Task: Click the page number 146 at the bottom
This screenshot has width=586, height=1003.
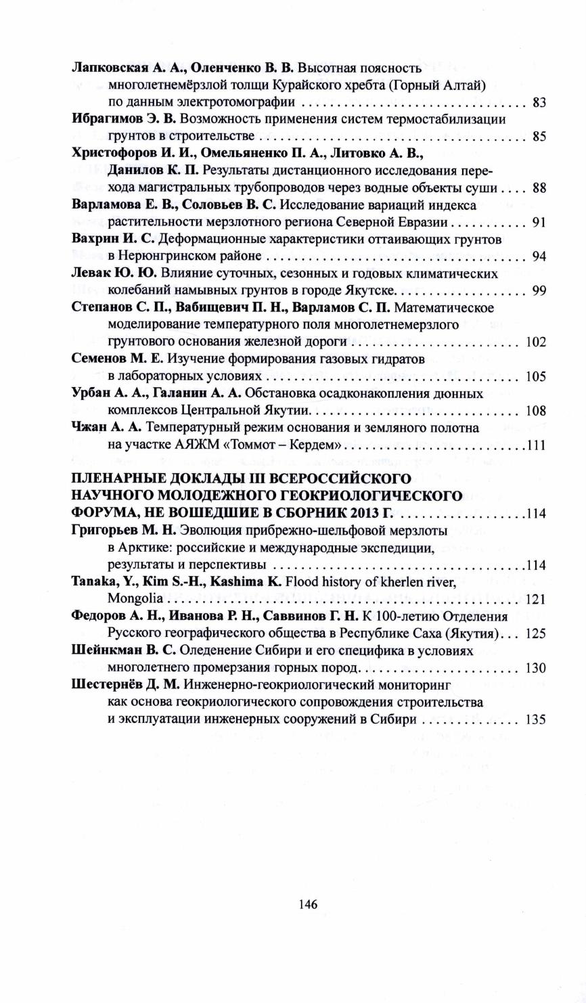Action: pyautogui.click(x=308, y=904)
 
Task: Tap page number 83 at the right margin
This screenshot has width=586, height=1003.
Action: pyautogui.click(x=539, y=103)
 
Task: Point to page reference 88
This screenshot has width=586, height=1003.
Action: pyautogui.click(x=539, y=189)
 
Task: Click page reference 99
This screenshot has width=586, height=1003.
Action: pyautogui.click(x=539, y=292)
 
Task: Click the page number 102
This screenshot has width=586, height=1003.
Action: pyautogui.click(x=535, y=343)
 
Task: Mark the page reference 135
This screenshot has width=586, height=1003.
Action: pyautogui.click(x=535, y=719)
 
